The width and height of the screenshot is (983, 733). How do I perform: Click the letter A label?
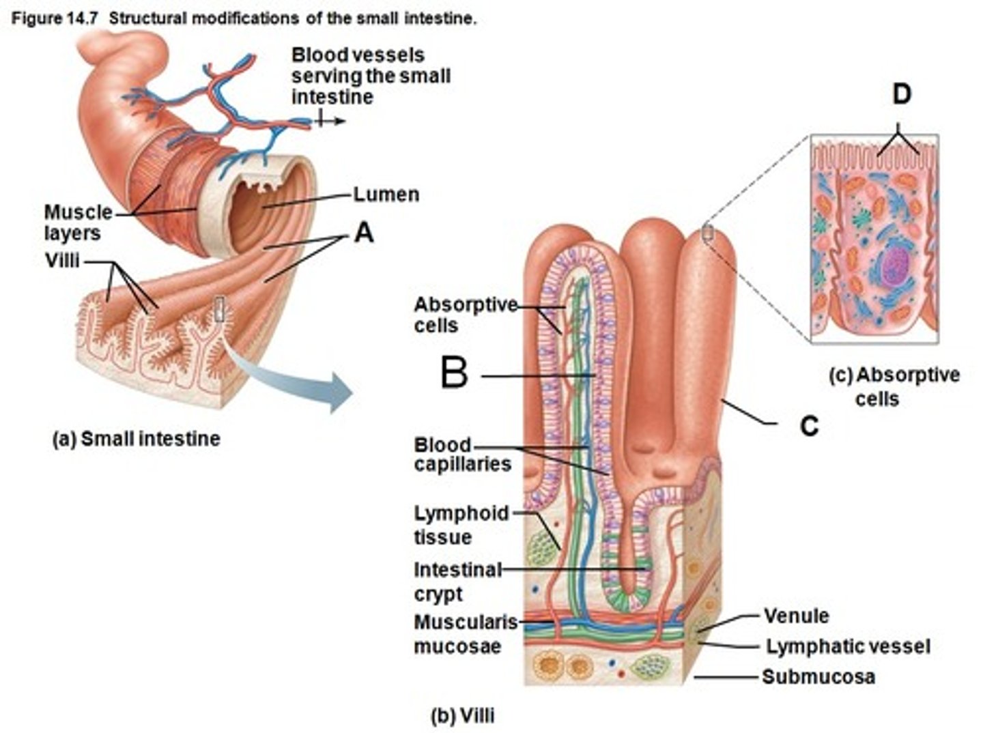tap(364, 233)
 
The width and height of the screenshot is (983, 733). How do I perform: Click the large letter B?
tap(454, 374)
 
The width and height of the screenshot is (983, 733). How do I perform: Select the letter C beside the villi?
tap(809, 426)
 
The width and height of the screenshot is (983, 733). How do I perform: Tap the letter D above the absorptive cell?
tap(901, 95)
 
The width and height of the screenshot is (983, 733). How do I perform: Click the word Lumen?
tap(386, 195)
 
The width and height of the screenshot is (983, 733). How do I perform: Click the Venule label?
tap(796, 616)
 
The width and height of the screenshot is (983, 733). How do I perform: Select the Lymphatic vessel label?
tap(847, 646)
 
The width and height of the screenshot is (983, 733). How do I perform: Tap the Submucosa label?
tap(818, 676)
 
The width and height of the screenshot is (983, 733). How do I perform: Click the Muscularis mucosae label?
tap(466, 634)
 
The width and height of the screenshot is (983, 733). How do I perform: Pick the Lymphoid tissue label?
tap(461, 524)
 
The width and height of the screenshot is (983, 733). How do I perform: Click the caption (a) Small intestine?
tap(136, 439)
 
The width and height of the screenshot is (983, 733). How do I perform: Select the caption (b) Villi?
tap(462, 716)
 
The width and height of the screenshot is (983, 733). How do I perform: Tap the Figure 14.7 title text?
tap(243, 18)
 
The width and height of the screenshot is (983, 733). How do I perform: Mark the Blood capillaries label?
tap(461, 455)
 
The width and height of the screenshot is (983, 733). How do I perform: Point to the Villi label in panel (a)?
tap(62, 261)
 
